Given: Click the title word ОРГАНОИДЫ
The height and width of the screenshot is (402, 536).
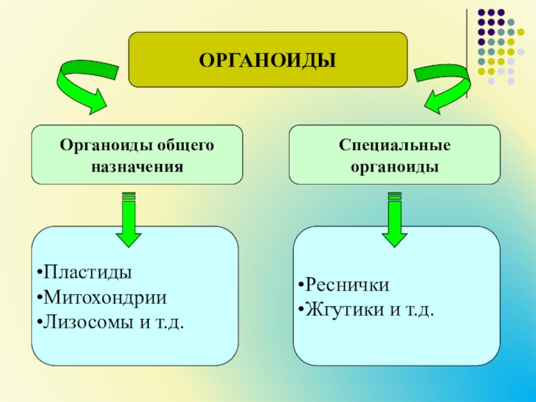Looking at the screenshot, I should coord(267,61).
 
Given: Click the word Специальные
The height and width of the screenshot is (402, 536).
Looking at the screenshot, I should coord(395,145).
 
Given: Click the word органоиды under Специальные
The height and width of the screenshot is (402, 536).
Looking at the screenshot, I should coord(395,165).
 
